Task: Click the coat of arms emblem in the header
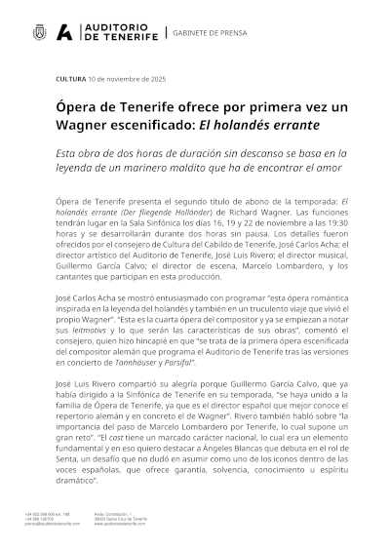pos(39,32)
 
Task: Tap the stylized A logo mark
pos(64,32)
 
